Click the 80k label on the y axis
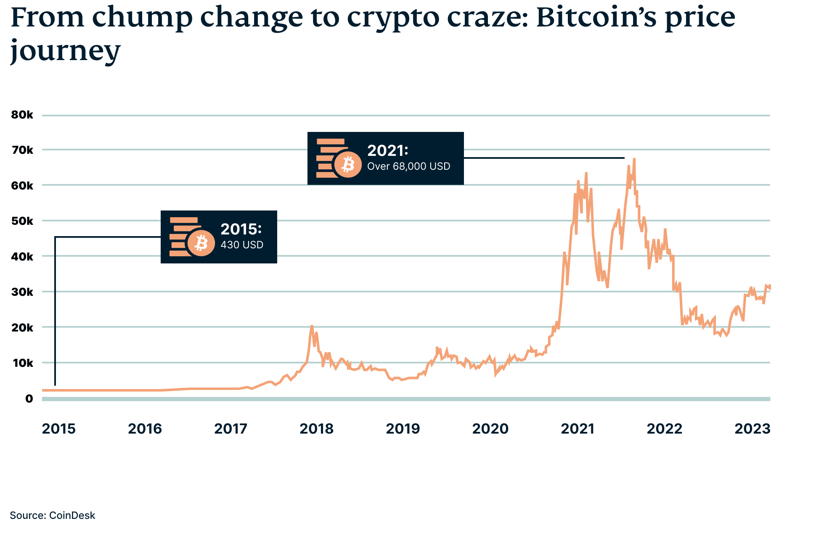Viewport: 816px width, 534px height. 22,115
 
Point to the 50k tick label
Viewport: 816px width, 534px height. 22,221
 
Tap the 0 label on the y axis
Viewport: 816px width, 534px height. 29,399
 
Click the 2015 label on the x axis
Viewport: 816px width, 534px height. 59,429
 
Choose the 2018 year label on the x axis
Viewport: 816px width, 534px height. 316,429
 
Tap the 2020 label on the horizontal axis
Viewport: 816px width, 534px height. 490,429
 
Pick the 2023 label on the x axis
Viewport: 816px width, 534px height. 752,429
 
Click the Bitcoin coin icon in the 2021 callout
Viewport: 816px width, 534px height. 347,164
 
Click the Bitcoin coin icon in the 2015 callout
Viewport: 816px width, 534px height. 201,243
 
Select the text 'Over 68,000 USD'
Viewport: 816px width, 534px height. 408,166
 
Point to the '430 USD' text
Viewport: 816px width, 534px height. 242,245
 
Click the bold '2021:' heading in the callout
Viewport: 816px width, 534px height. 387,150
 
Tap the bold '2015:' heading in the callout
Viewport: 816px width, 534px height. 241,229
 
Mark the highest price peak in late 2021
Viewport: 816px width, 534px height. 634,159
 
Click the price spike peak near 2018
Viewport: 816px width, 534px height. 312,326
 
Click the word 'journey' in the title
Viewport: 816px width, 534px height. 65,50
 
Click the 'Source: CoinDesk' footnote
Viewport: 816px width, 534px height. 53,516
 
